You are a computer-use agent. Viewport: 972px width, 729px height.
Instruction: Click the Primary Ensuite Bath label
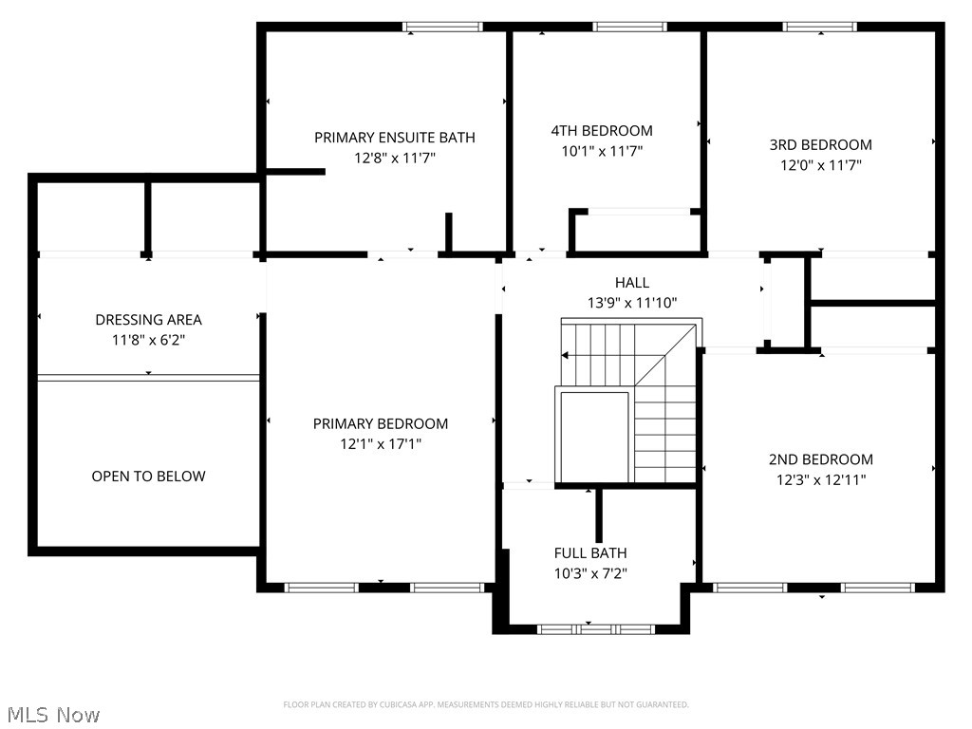[x=395, y=138]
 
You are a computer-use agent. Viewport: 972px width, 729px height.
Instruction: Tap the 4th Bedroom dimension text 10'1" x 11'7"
[x=602, y=150]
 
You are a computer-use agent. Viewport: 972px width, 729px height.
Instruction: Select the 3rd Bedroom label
[x=820, y=145]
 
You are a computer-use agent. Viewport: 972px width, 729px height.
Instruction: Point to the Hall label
[x=632, y=282]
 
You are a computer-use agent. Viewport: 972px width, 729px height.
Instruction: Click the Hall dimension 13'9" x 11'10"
[x=632, y=303]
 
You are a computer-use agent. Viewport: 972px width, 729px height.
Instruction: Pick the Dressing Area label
[x=148, y=320]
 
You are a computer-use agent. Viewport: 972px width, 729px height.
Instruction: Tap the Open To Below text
[x=148, y=477]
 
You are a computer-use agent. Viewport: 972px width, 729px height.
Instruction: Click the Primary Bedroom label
[x=381, y=423]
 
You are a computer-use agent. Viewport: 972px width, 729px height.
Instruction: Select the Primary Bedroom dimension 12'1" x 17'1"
[x=381, y=443]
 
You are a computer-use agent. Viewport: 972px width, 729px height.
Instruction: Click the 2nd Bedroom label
[x=820, y=459]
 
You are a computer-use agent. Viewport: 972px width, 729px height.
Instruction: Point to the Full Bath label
[x=590, y=552]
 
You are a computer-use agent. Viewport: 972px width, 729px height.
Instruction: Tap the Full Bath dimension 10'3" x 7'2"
[x=590, y=573]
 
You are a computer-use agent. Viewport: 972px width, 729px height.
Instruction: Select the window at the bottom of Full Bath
[x=595, y=628]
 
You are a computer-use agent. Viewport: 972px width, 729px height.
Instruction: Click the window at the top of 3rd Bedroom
[x=820, y=27]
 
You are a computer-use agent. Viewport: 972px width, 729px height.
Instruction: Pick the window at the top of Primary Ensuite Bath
[x=442, y=27]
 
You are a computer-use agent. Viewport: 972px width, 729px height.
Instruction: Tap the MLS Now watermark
[x=52, y=714]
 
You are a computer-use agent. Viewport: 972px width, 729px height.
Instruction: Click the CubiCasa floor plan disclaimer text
[x=486, y=704]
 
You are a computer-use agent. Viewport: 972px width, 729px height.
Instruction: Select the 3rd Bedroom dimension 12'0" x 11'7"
[x=820, y=165]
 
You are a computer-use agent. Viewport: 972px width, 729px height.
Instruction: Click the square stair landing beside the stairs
[x=594, y=437]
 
